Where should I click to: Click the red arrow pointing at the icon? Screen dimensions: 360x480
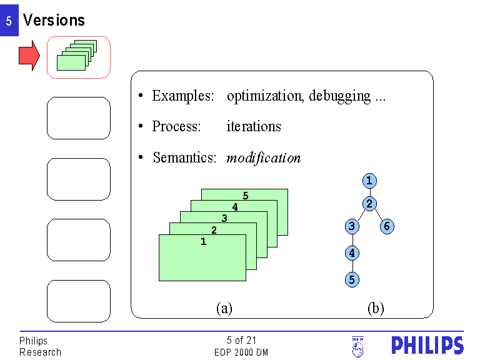tap(29, 56)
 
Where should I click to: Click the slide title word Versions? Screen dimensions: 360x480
tap(54, 20)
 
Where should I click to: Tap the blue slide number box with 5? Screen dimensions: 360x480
tap(9, 21)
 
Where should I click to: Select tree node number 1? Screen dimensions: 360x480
tap(369, 181)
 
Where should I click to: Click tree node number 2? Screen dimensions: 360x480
tap(369, 204)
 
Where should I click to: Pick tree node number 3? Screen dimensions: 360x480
tap(352, 226)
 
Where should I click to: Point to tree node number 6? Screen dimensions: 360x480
tap(387, 226)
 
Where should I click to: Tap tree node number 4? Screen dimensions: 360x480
tap(352, 253)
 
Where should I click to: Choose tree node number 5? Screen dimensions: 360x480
tap(352, 279)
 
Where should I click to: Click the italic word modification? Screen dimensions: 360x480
tap(263, 157)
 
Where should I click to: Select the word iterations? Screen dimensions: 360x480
tap(254, 126)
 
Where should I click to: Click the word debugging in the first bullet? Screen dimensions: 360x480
tap(340, 96)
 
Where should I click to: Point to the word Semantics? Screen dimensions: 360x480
tap(184, 157)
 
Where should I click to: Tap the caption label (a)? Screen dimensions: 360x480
tap(224, 308)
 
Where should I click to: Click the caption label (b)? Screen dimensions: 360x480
tap(376, 308)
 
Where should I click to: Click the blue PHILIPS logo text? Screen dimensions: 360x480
tap(427, 346)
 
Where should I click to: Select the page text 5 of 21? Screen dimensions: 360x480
tap(242, 340)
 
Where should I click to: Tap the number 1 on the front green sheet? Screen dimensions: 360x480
tap(203, 242)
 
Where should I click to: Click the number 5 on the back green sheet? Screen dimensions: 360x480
tap(246, 196)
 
